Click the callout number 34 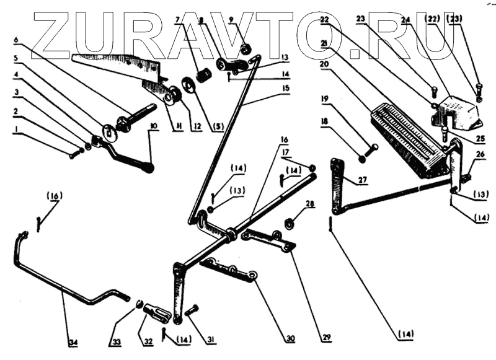73,341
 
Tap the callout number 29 327,338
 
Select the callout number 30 290,338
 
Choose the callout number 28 310,203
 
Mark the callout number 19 324,99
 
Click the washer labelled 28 288,222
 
